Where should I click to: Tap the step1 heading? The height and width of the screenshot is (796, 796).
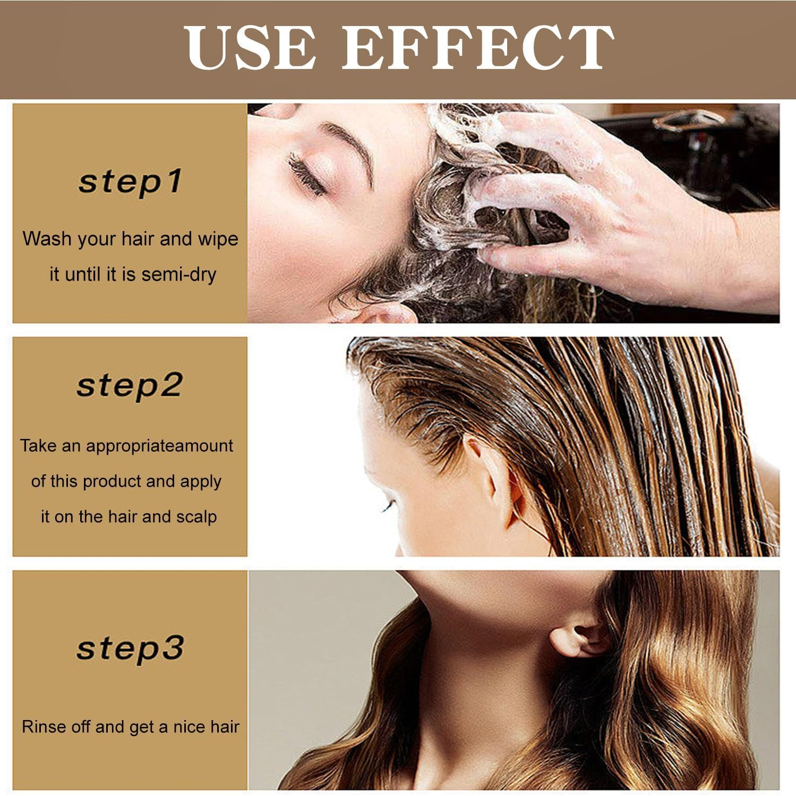coord(130,182)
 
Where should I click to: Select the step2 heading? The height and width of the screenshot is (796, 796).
coord(130,385)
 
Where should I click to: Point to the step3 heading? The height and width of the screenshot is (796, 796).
coord(130,648)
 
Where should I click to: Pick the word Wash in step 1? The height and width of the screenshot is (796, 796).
coord(47,239)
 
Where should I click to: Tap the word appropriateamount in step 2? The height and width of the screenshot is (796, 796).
coord(159,446)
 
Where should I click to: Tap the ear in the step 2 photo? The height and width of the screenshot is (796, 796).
coord(497,478)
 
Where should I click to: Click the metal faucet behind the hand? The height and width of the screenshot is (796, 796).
coord(690,120)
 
